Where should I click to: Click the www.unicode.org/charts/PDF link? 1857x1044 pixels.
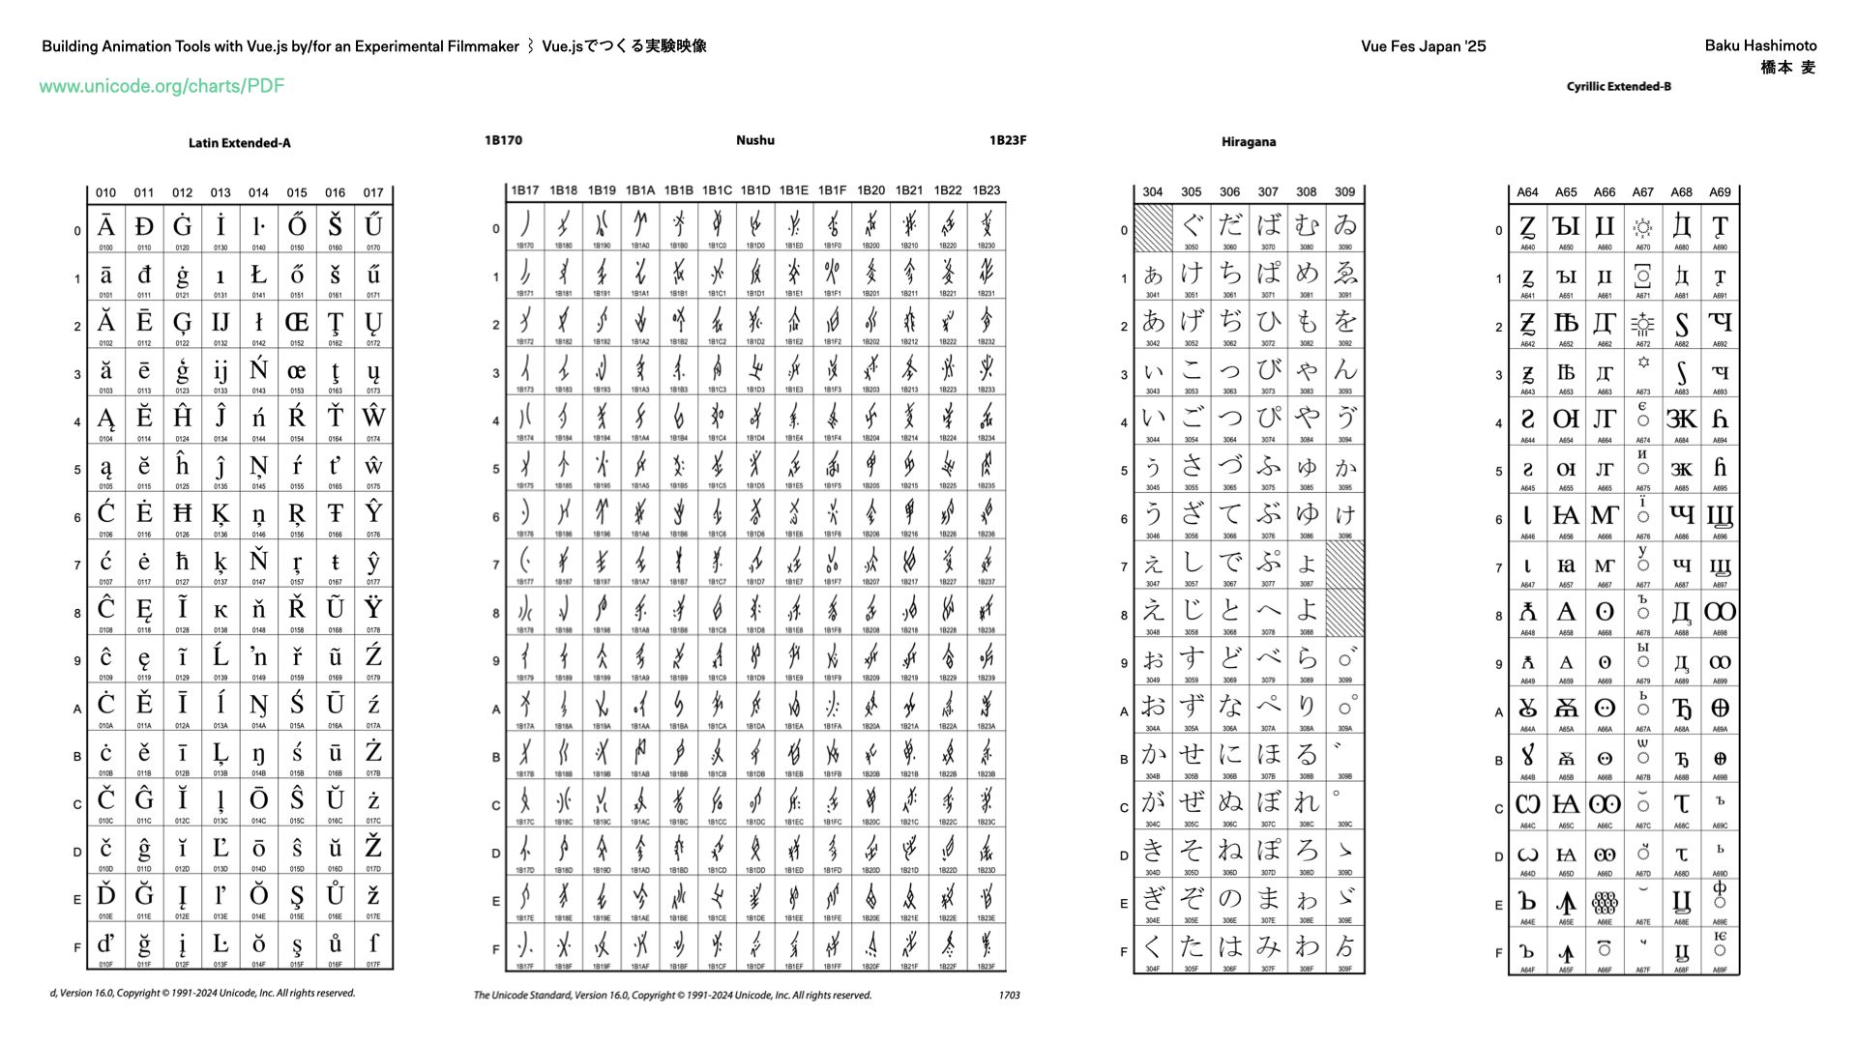pos(162,86)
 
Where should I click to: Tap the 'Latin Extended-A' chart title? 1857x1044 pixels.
pos(239,143)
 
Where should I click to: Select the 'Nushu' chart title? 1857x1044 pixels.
pos(754,140)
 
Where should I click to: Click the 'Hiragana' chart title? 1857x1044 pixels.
pos(1248,142)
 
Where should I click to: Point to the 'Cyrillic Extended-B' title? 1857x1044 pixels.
pos(1618,87)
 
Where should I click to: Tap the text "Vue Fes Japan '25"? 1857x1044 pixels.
pos(1423,46)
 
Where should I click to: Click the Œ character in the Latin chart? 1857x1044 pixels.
pos(297,322)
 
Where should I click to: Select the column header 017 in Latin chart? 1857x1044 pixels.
pos(373,192)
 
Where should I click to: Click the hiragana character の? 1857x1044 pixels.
pos(1229,898)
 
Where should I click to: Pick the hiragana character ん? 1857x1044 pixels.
pos(1344,370)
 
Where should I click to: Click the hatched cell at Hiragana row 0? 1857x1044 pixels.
pos(1153,228)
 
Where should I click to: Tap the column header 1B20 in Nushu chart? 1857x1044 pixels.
pos(870,190)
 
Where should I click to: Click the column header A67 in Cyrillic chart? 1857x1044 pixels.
pos(1642,192)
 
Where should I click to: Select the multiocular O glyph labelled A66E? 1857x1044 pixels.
pos(1604,903)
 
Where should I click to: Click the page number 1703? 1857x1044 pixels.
pos(1009,995)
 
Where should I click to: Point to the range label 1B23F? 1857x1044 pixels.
pos(1007,140)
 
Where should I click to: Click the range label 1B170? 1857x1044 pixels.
pos(503,140)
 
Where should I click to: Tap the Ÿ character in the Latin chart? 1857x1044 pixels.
pos(373,608)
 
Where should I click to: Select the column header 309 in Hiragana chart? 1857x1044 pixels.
pos(1344,192)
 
